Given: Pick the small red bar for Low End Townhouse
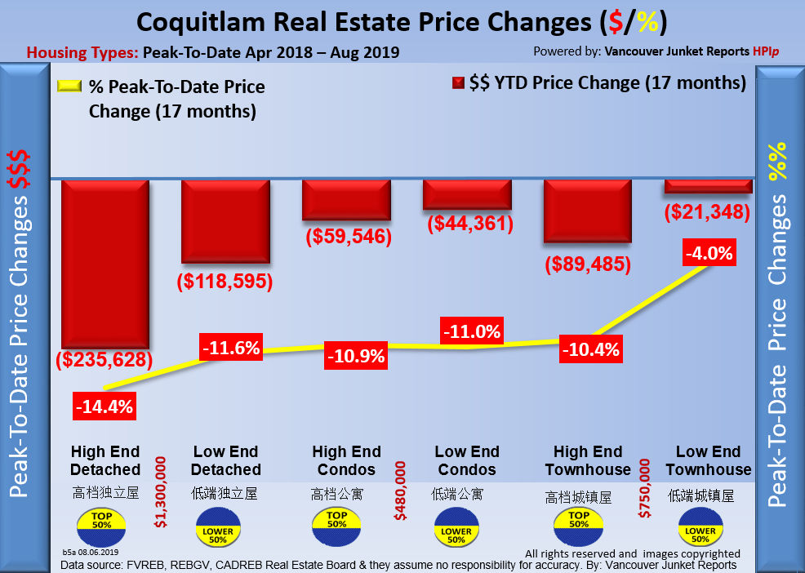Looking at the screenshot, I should tap(708, 186).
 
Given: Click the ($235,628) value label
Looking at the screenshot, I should tap(105, 359).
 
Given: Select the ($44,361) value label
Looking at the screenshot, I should tap(468, 223).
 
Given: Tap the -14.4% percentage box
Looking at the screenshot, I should tap(105, 406).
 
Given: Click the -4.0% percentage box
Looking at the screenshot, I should tap(708, 254).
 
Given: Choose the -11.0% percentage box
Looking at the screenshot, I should tap(471, 332).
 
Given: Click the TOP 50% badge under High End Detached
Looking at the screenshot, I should tap(98, 526).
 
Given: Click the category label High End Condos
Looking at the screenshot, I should tap(346, 460).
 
